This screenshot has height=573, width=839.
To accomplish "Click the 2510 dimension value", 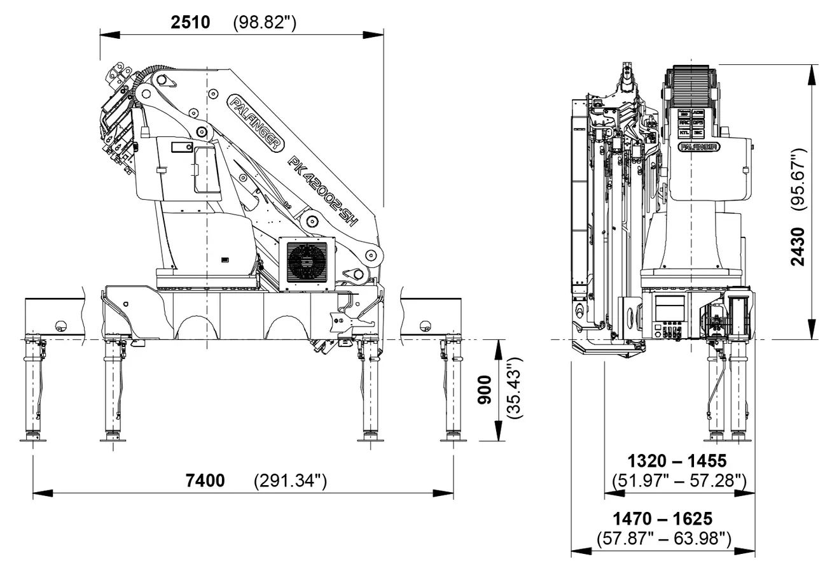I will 190,23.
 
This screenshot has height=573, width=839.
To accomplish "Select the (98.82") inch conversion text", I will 265,23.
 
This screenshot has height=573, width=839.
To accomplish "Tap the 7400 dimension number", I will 205,480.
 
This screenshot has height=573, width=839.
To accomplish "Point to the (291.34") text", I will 290,480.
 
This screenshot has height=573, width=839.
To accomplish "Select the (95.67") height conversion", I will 798,179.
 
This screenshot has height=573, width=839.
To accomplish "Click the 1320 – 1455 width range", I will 677,460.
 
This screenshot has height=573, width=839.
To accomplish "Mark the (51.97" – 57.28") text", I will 678,479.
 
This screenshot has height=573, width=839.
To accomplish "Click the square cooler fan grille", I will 307,262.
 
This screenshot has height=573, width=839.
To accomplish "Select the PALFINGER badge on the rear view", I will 698,147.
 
